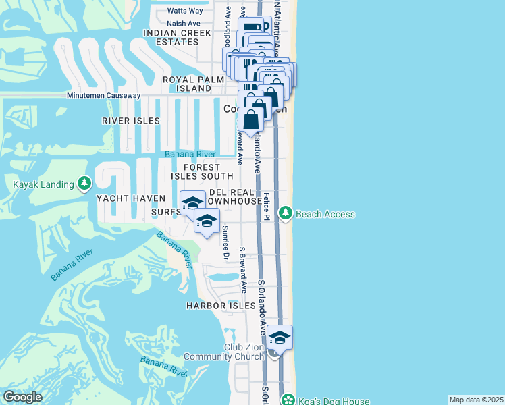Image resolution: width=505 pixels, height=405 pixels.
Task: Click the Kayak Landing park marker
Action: [84, 183]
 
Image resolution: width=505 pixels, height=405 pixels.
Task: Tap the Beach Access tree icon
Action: [286, 213]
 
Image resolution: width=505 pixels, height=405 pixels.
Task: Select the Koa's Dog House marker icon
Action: [288, 400]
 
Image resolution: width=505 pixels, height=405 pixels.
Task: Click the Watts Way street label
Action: [185, 11]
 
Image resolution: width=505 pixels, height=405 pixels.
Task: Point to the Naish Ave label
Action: [184, 23]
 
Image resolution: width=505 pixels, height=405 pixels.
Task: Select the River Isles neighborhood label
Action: [131, 121]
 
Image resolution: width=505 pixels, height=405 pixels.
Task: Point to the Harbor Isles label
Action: [212, 306]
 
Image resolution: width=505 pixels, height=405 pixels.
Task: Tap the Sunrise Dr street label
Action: [225, 241]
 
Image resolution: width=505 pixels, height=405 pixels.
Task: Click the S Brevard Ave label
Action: [242, 269]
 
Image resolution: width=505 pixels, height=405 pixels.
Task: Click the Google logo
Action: [22, 397]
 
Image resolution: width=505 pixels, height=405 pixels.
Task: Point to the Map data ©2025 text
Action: [476, 400]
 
